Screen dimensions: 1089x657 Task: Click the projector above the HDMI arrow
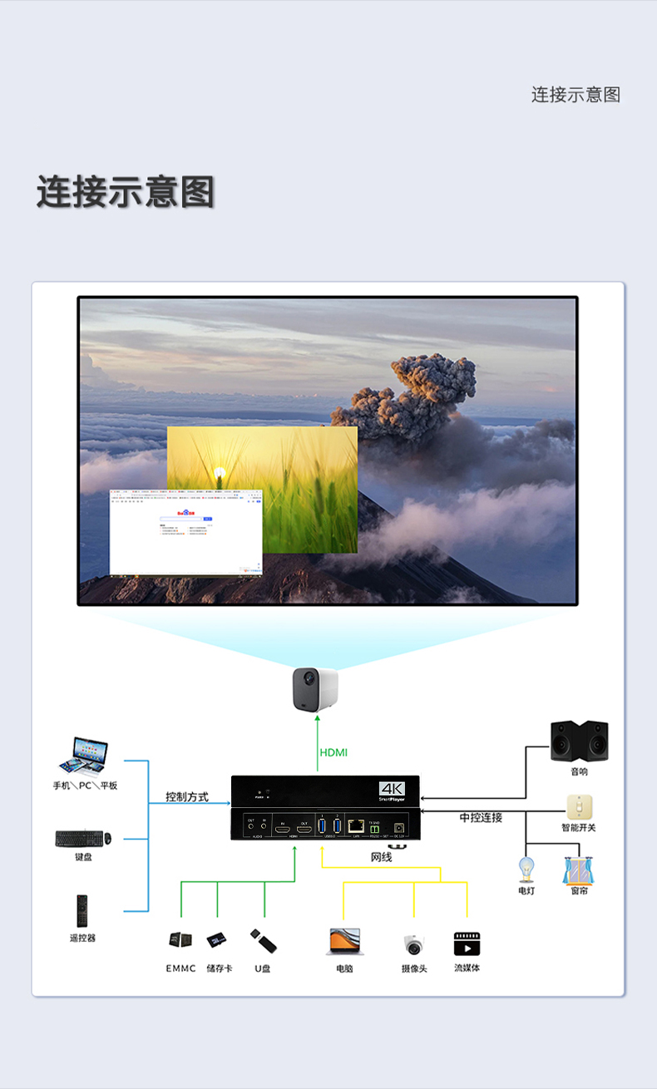(x=315, y=689)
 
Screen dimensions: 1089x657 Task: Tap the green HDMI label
(x=333, y=752)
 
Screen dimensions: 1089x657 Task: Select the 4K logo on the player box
(x=391, y=788)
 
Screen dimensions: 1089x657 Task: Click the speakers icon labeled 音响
(x=579, y=741)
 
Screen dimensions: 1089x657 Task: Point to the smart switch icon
(x=579, y=806)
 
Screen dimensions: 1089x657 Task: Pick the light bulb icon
(x=526, y=870)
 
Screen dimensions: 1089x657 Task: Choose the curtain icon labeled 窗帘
(x=579, y=870)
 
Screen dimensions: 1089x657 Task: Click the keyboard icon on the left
(x=83, y=838)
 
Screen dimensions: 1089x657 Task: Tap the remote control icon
(x=82, y=911)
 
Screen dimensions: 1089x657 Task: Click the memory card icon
(x=219, y=940)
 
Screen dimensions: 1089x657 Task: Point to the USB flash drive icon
(x=264, y=941)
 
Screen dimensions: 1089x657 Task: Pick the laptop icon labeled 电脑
(x=345, y=941)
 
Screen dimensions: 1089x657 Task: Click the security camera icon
(x=413, y=944)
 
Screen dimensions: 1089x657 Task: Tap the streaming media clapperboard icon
(x=467, y=944)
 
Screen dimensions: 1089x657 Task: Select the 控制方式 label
(x=187, y=796)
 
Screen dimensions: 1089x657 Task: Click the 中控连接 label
(x=481, y=817)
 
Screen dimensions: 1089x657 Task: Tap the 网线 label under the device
(x=381, y=856)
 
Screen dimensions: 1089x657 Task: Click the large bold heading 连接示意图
(x=126, y=192)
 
